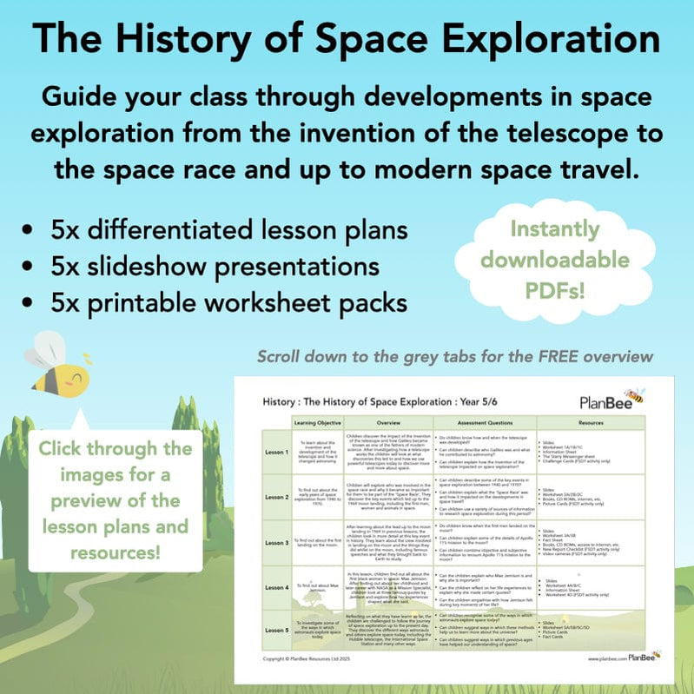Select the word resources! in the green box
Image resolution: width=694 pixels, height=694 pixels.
coord(115,552)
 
